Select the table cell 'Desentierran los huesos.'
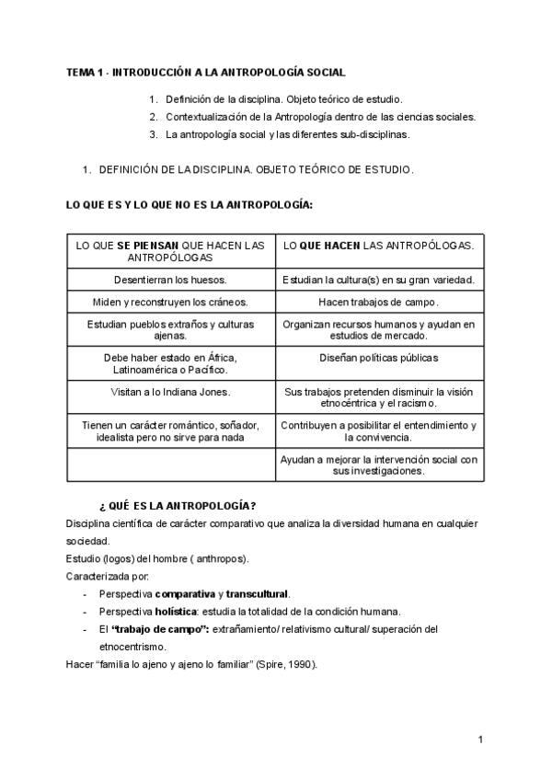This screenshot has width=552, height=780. click(170, 280)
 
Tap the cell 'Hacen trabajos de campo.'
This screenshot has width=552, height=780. click(379, 302)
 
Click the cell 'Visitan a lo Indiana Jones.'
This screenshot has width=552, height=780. click(170, 391)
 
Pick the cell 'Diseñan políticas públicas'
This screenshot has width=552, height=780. click(379, 357)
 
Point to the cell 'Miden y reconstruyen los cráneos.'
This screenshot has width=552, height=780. click(170, 302)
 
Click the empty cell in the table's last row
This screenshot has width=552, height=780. click(170, 465)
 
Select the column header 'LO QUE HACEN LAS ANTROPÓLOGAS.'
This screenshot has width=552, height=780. click(379, 246)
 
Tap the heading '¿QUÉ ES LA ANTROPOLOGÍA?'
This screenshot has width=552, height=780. click(177, 506)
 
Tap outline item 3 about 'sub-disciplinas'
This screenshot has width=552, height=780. click(287, 134)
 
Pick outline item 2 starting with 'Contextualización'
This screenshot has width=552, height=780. click(320, 117)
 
